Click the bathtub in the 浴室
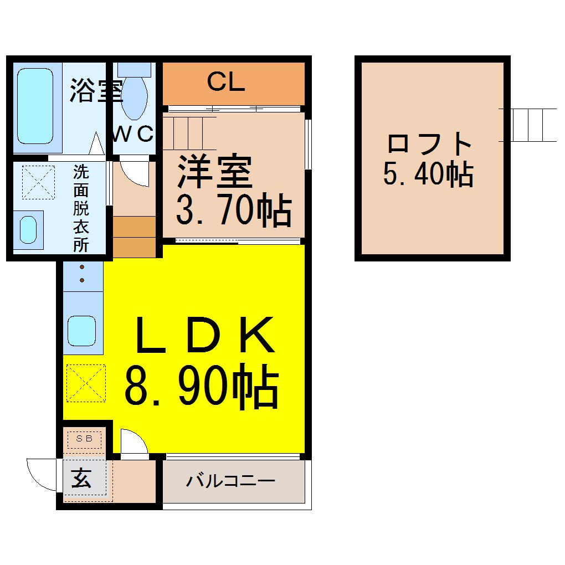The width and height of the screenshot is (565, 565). click(x=35, y=106)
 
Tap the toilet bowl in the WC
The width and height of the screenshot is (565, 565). click(x=134, y=97)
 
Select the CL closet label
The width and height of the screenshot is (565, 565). click(x=226, y=82)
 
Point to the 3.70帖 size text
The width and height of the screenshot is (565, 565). click(x=234, y=210)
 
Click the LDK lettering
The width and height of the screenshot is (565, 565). click(x=204, y=335)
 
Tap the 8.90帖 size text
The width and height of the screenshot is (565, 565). click(x=202, y=387)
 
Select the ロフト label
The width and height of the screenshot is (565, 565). click(x=429, y=143)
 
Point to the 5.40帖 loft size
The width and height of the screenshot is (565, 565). click(x=428, y=174)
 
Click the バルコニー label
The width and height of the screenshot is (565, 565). click(x=230, y=481)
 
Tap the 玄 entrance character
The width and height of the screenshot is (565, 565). click(x=81, y=478)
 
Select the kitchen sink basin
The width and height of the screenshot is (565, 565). click(x=82, y=331)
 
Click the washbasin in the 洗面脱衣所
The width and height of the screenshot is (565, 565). click(x=28, y=229)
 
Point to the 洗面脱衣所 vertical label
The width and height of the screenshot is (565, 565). click(x=81, y=208)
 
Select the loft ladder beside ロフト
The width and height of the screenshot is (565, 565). click(x=528, y=125)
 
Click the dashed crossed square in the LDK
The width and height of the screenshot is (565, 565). click(x=86, y=383)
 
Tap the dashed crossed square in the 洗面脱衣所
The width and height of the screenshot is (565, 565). click(x=39, y=182)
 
